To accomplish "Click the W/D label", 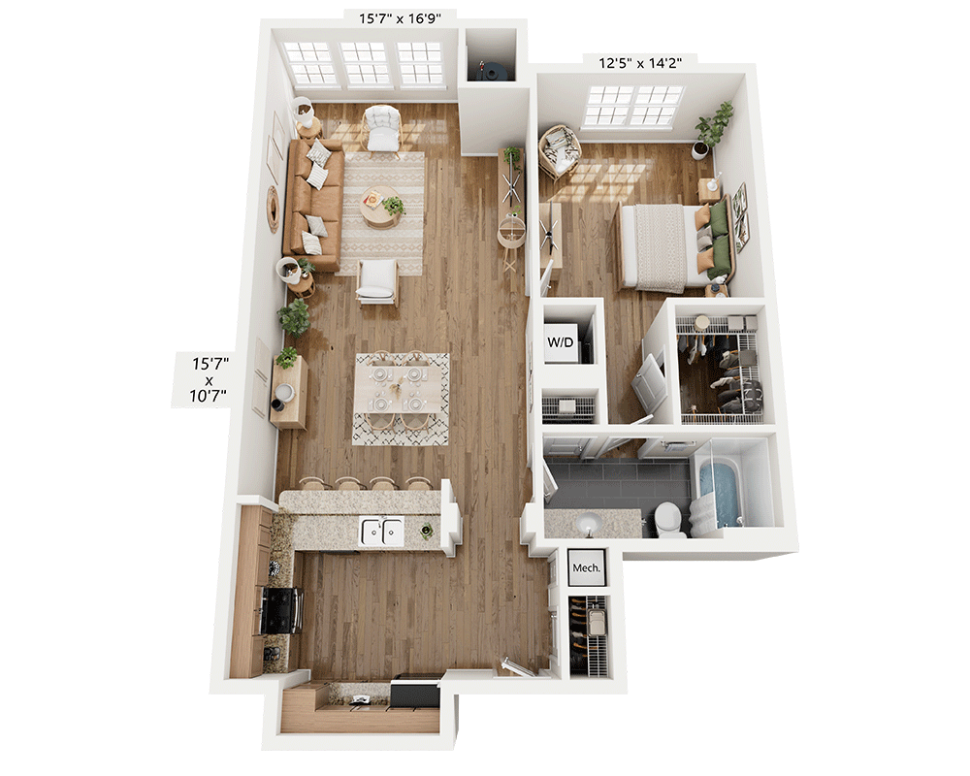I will pyautogui.click(x=561, y=341).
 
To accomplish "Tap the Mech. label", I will pyautogui.click(x=585, y=567).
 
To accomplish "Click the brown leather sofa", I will pyautogui.click(x=312, y=205).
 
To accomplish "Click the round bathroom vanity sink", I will pyautogui.click(x=588, y=525).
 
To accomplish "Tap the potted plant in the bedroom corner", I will pyautogui.click(x=714, y=129).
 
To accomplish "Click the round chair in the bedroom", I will pyautogui.click(x=559, y=150).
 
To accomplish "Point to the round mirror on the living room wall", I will pyautogui.click(x=274, y=209).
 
